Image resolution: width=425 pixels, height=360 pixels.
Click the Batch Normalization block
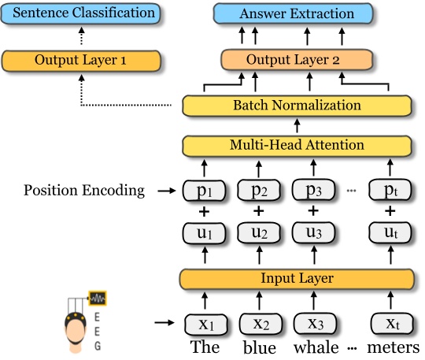(x=297, y=105)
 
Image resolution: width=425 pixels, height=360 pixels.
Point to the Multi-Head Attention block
(x=297, y=145)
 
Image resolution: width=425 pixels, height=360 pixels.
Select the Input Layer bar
(x=297, y=278)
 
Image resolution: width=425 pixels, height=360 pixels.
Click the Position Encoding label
(x=84, y=190)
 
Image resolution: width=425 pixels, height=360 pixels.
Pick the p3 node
(x=312, y=190)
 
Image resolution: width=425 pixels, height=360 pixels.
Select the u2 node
(x=257, y=234)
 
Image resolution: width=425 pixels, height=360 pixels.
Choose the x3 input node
(x=312, y=323)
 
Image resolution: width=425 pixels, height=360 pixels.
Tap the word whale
(x=312, y=347)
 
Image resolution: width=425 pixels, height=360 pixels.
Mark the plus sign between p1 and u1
(x=203, y=211)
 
